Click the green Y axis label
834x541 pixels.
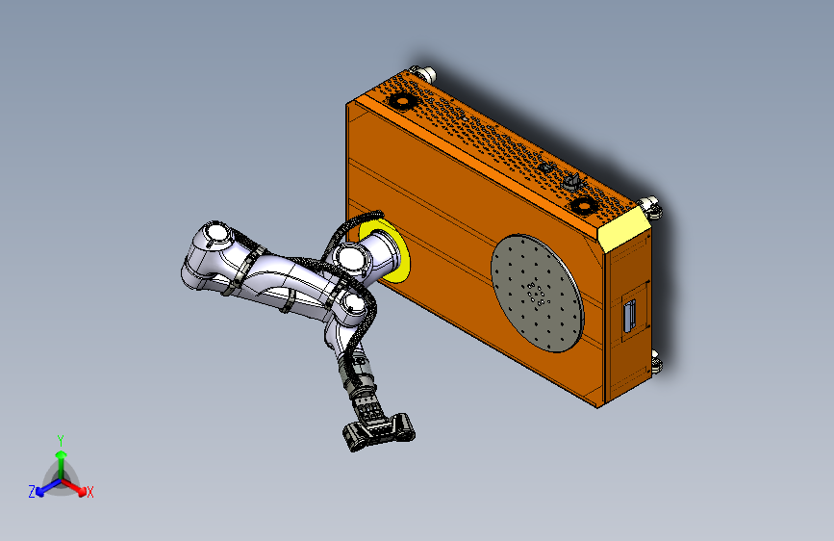coord(60,439)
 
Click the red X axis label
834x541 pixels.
coord(90,493)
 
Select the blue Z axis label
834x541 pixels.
coord(32,492)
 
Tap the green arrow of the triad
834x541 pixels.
coord(61,457)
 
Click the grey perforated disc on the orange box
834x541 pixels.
coord(538,293)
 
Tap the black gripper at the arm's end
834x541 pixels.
coord(377,428)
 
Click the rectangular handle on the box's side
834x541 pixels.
coord(630,316)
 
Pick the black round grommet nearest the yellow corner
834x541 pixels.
coord(581,204)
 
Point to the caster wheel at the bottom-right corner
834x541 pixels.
coord(657,363)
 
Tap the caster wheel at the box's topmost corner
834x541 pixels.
coord(422,73)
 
